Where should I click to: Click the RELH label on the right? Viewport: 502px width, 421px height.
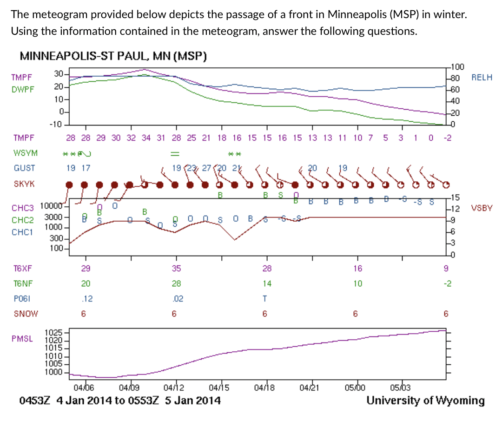(x=482, y=78)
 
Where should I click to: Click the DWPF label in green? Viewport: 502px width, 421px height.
(x=23, y=88)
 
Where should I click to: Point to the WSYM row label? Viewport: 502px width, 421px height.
(x=26, y=153)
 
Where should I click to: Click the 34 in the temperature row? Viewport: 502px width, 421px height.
(x=146, y=138)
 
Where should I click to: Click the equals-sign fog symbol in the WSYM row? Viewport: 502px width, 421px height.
(x=174, y=153)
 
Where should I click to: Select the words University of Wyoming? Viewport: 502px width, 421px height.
(x=425, y=400)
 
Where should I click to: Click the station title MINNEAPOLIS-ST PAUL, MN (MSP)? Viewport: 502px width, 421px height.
(x=113, y=56)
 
